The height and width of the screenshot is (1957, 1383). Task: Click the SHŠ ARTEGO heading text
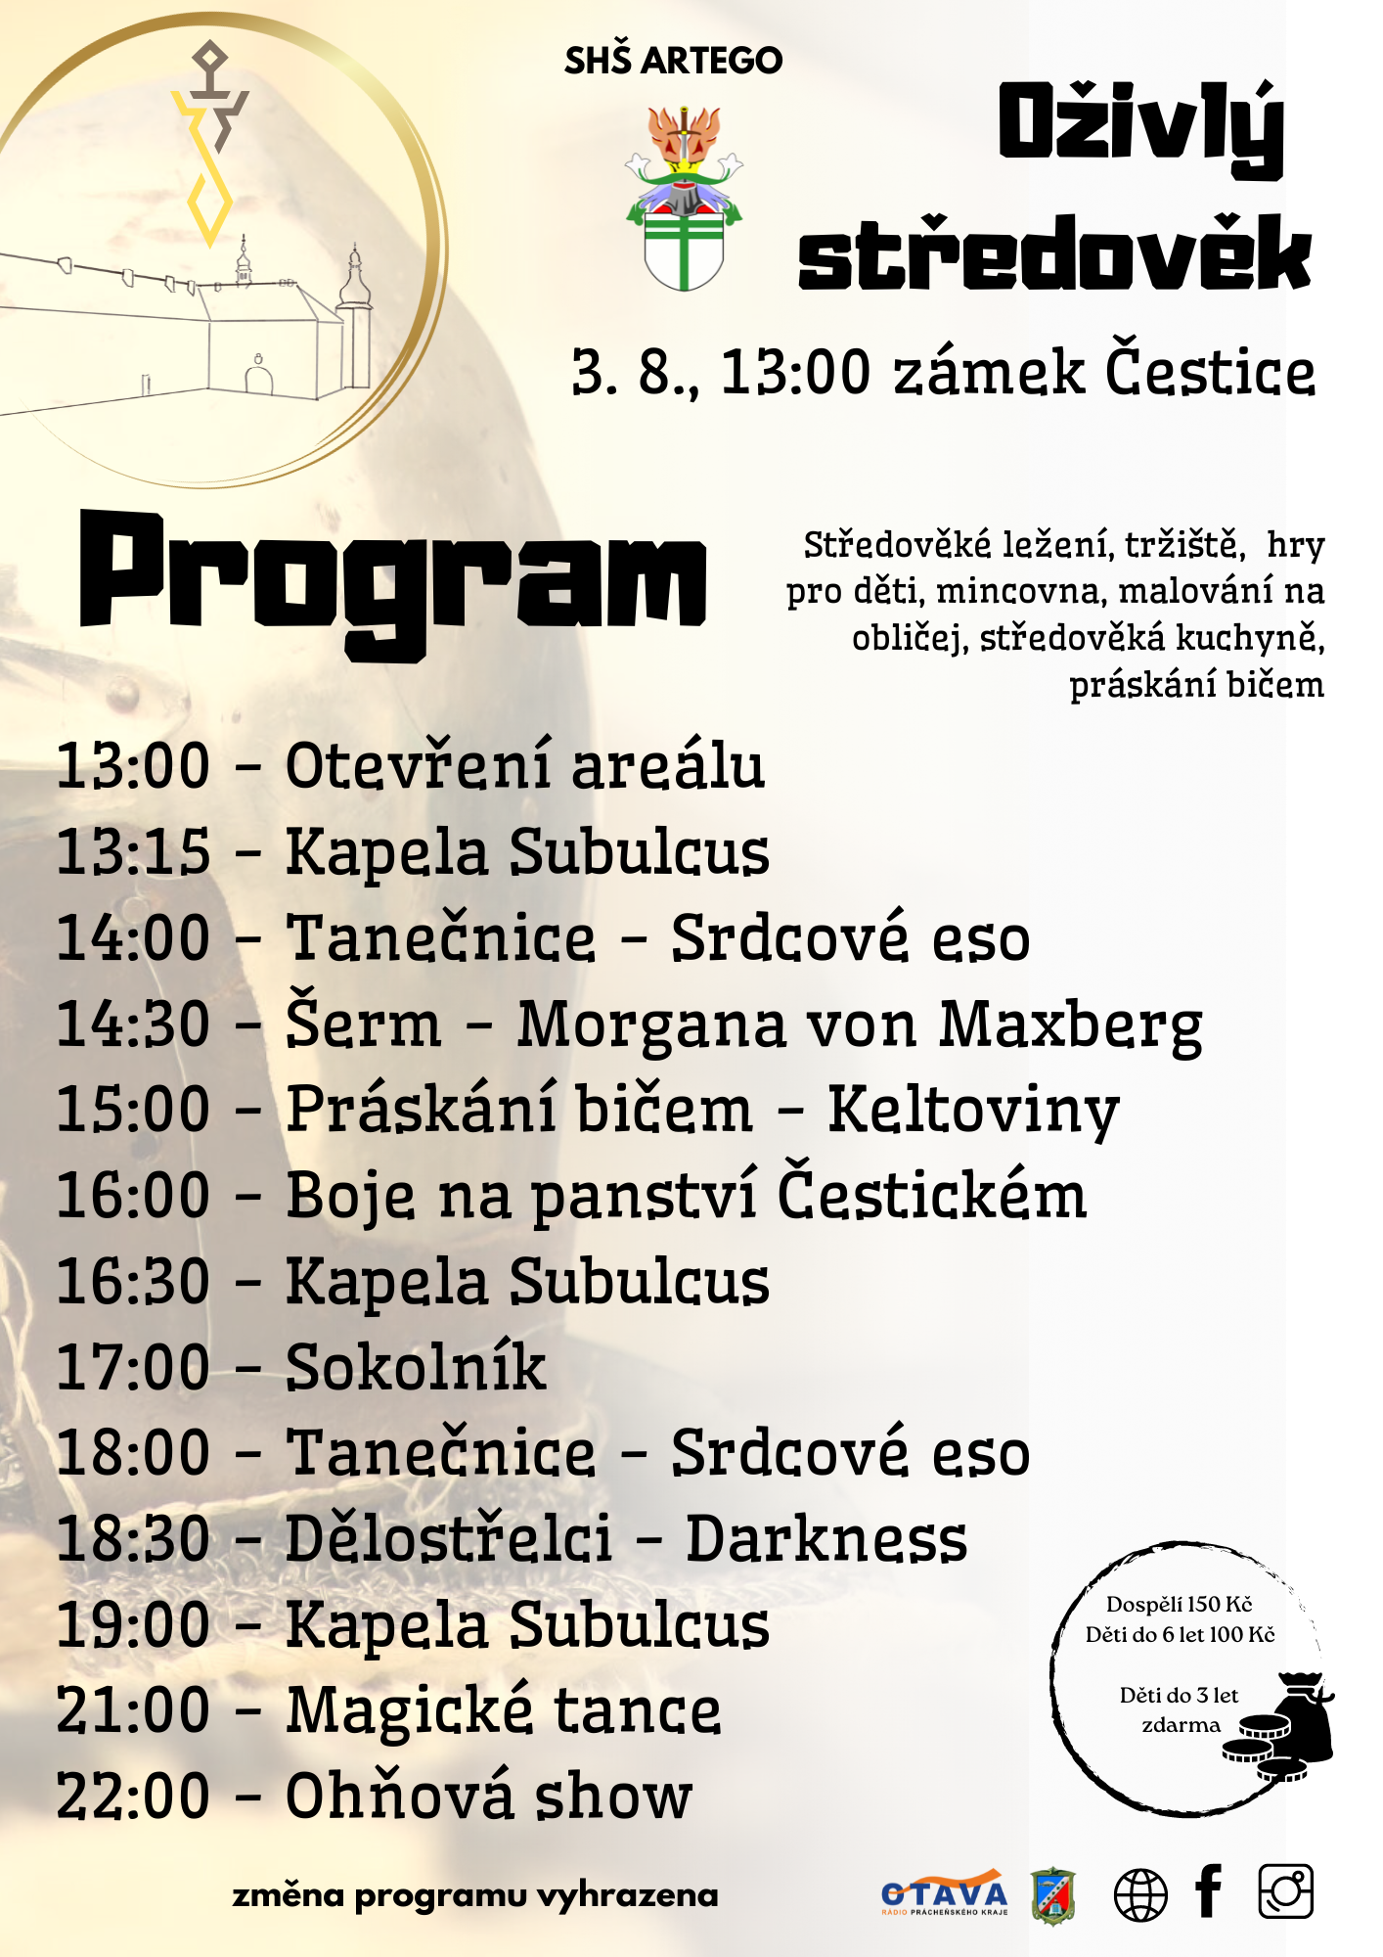[673, 61]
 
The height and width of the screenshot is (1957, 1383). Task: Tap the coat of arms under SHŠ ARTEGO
[684, 201]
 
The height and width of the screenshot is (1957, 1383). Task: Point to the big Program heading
[393, 577]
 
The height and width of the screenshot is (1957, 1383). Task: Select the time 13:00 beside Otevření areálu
[133, 765]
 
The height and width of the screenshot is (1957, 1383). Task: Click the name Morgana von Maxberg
[859, 1025]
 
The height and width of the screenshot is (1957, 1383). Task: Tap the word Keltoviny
[973, 1111]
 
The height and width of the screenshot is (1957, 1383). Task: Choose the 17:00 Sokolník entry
[300, 1368]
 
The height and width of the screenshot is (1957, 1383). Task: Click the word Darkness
[825, 1539]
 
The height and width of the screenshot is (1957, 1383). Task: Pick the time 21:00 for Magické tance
[133, 1711]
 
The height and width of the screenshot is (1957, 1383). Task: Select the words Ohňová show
[488, 1798]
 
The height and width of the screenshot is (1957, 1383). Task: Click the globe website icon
[1140, 1894]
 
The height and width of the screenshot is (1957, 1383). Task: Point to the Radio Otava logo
[944, 1894]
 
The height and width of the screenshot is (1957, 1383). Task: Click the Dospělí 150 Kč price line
[1179, 1605]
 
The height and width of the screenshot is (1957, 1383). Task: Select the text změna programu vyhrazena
[475, 1895]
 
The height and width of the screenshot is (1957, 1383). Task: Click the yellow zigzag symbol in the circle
[207, 166]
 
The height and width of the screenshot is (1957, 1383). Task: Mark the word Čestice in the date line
[1210, 373]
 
